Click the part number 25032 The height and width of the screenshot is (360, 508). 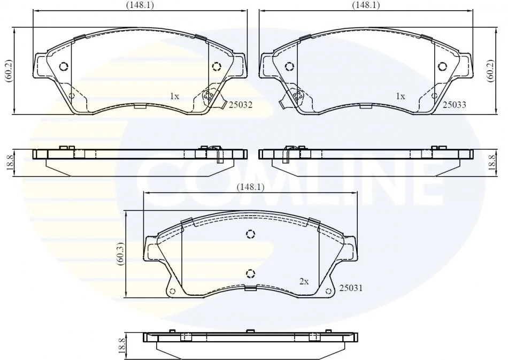241,105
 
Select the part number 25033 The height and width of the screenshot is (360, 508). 454,104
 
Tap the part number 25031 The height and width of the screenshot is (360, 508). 351,287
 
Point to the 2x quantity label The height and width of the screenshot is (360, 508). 304,281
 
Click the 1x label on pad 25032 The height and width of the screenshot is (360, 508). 174,96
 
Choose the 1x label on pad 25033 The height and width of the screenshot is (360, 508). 401,96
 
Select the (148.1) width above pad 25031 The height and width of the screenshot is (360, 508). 250,187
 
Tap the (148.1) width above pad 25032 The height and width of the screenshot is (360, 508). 140,5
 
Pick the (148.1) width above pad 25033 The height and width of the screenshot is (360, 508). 366,5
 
